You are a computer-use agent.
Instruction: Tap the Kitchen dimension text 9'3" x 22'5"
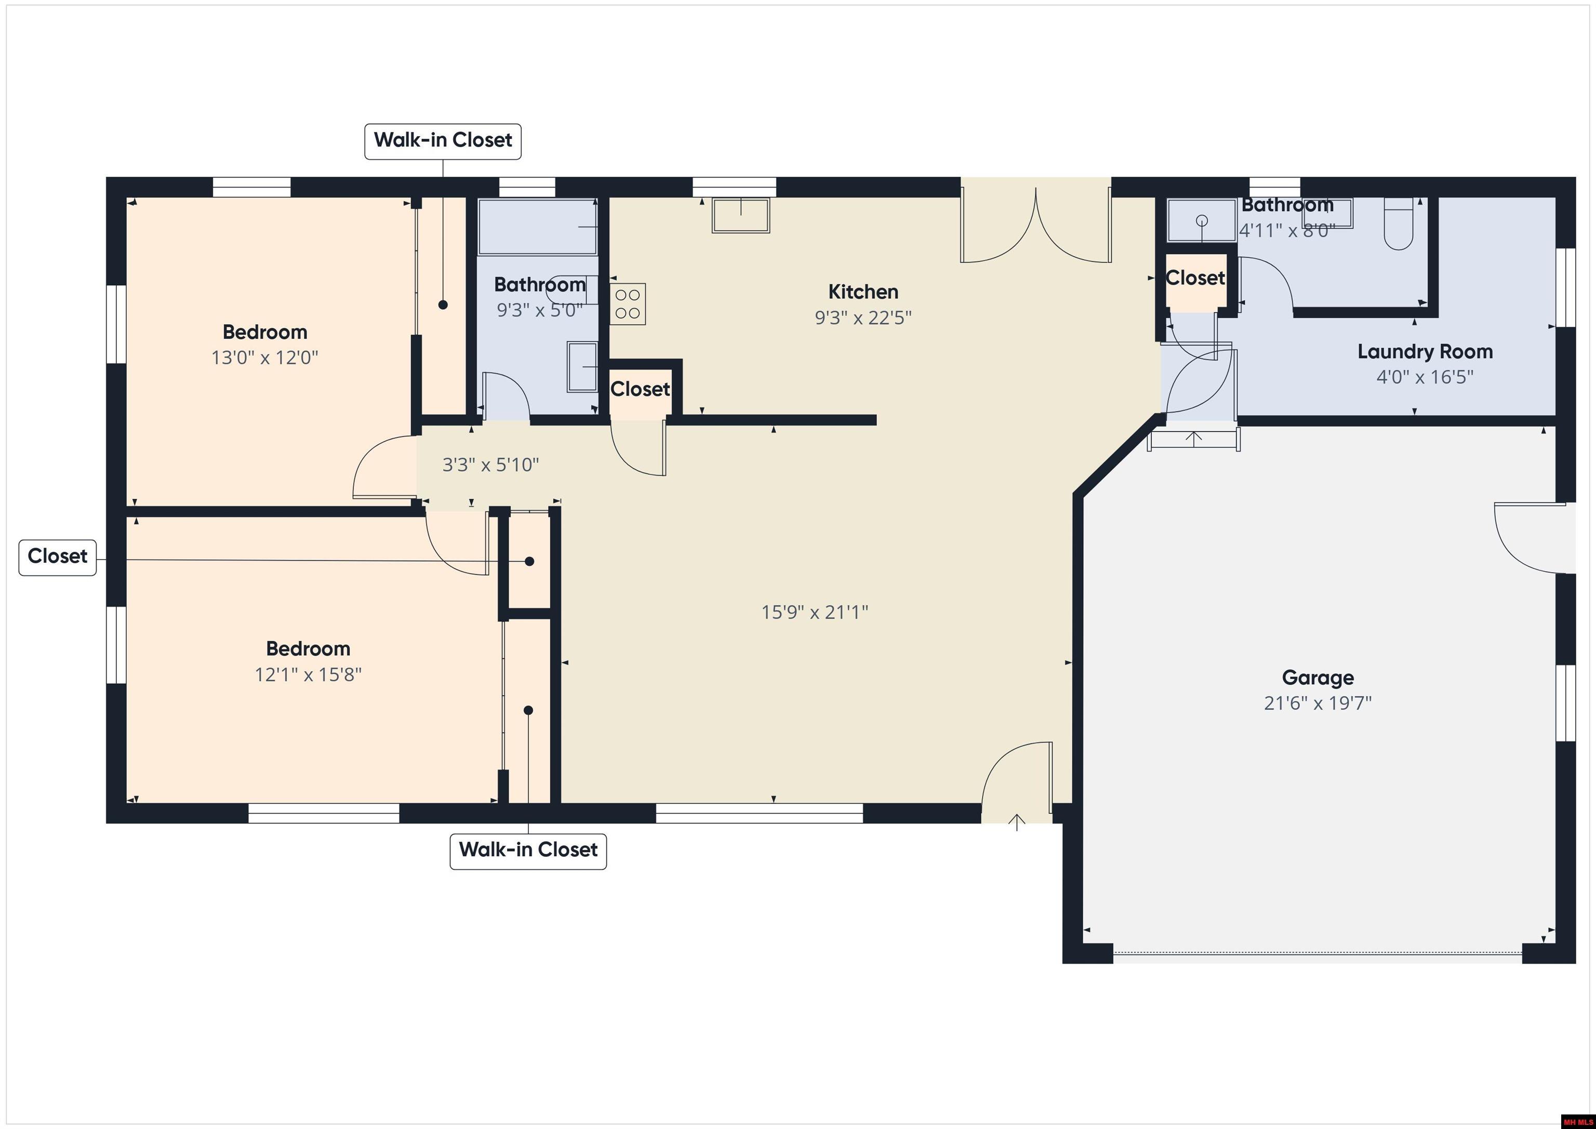click(x=862, y=317)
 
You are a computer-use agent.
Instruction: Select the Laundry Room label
click(x=1425, y=352)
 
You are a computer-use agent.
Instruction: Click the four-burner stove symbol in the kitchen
click(x=628, y=304)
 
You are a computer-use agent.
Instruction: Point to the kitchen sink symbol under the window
click(x=741, y=216)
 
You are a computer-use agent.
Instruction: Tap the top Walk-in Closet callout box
click(x=443, y=140)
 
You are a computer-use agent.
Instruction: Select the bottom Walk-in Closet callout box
click(x=528, y=850)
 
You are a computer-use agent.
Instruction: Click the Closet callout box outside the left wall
click(x=57, y=556)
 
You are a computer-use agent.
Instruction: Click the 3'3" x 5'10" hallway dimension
click(x=491, y=464)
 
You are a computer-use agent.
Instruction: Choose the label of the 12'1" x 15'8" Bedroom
click(x=308, y=648)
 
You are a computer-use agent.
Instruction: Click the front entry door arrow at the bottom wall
click(x=1016, y=822)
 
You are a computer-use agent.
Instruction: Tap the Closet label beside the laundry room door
click(x=1195, y=278)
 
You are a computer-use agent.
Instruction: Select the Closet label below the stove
click(x=640, y=389)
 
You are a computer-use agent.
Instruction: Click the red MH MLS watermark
click(x=1577, y=1121)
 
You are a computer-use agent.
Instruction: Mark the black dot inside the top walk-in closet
click(x=443, y=304)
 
